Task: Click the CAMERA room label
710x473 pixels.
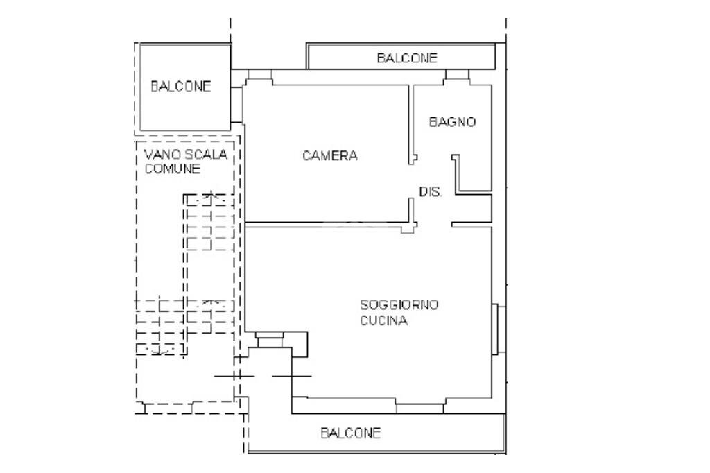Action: click(x=330, y=156)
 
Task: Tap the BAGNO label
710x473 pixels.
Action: click(x=452, y=122)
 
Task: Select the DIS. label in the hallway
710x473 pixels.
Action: click(x=430, y=192)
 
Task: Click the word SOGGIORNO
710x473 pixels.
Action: click(x=399, y=304)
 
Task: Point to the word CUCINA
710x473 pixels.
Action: click(x=383, y=321)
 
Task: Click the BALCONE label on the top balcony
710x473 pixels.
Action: click(x=407, y=58)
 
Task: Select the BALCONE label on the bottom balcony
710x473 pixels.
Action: click(x=350, y=433)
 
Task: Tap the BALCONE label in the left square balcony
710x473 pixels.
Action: click(x=180, y=87)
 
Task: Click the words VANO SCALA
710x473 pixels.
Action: click(x=185, y=155)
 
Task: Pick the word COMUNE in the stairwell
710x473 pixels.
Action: click(x=173, y=169)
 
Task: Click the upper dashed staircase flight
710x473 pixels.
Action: click(x=208, y=222)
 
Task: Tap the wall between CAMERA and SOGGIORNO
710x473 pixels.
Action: click(x=326, y=224)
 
